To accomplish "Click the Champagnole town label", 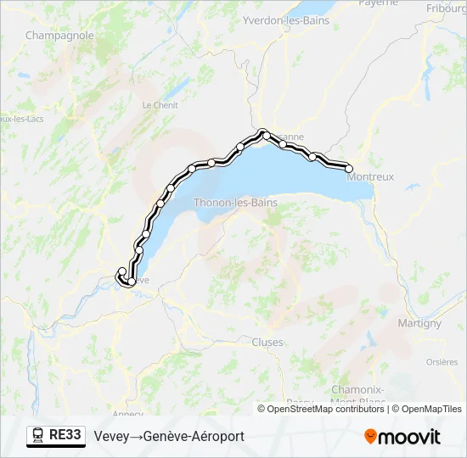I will pos(59,36).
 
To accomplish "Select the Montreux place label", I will pos(371,177).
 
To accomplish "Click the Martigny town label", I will pos(419,323).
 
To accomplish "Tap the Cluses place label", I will pos(267,342).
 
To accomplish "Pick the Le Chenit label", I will pos(160,105).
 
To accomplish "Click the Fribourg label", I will pos(447,8).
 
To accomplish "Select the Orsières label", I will pos(442,361).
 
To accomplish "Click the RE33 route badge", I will pos(65,435).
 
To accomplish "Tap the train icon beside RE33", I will pos(38,435).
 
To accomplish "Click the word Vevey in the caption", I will pos(112,436).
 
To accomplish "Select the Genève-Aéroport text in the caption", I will pos(194,436).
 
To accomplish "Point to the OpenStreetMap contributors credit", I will pos(321,409).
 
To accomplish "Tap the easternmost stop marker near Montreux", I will pos(349,169).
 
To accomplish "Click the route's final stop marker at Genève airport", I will pos(121,271).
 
